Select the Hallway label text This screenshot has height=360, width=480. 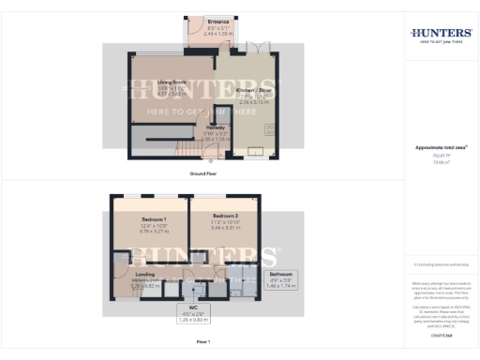217,127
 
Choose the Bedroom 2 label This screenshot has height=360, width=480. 224,216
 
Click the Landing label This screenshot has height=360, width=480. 132,274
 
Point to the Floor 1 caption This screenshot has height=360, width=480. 203,341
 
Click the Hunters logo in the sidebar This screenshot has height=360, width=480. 441,35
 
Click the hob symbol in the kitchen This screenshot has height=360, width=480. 269,127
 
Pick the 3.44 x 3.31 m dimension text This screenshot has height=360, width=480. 224,228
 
